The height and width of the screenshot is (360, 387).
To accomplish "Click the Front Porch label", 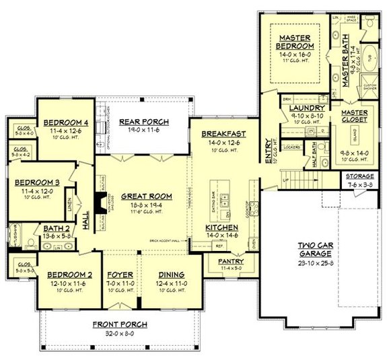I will pos(120,324).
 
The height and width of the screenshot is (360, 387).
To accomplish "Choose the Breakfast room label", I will pos(223,134).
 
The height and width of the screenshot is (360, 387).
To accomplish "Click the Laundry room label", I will pos(307,108).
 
